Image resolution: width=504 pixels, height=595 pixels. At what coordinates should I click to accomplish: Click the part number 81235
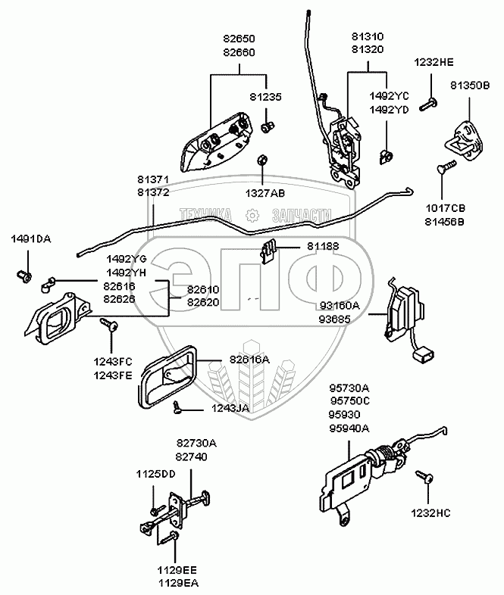(265, 97)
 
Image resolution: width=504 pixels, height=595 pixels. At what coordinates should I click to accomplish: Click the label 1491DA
(31, 238)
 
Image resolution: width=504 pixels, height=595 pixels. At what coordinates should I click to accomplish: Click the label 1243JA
(230, 409)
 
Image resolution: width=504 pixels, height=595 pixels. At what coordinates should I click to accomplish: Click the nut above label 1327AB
(261, 160)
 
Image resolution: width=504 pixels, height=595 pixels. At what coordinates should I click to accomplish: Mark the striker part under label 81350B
(462, 136)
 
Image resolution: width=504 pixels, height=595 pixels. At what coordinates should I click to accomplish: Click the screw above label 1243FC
(108, 325)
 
